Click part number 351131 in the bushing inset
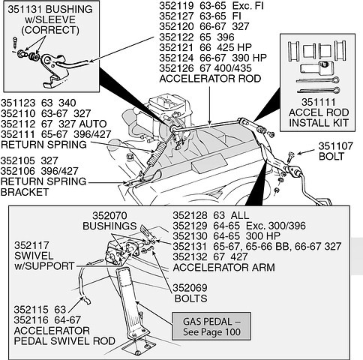[x=25, y=10]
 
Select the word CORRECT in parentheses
[x=50, y=30]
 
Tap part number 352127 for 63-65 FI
[x=176, y=16]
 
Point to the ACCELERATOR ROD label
[x=210, y=79]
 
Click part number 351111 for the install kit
[x=319, y=102]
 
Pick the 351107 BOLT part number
[x=336, y=146]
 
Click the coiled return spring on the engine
[x=154, y=155]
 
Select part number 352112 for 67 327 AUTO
[x=18, y=124]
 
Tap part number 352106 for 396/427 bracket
[x=18, y=171]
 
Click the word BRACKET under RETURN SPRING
[x=25, y=192]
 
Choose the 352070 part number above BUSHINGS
[x=109, y=215]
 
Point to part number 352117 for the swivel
[x=31, y=245]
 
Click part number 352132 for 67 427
[x=190, y=256]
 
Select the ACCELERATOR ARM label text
[x=223, y=268]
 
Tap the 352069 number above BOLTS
[x=190, y=288]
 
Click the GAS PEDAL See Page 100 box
[x=211, y=326]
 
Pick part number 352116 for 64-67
[x=31, y=320]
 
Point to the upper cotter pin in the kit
[x=318, y=80]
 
